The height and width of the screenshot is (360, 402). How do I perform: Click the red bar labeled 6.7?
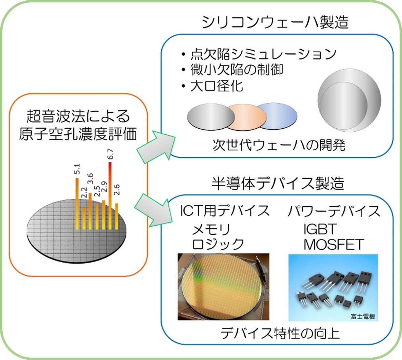pos(110,195)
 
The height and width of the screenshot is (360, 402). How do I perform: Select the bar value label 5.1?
pos(77,169)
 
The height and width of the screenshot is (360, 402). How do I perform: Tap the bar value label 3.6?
pos(90,179)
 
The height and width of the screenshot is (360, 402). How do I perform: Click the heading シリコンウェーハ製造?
pos(275,22)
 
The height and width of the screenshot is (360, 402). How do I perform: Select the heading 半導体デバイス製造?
pos(278,183)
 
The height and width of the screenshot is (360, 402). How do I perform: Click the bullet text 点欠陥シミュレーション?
pos(263,54)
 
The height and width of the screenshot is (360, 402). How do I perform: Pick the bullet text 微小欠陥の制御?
pos(237,70)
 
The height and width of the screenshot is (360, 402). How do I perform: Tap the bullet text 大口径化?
pos(217,86)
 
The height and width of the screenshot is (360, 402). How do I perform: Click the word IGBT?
pos(320,229)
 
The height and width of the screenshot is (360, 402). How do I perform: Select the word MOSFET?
pos(334,245)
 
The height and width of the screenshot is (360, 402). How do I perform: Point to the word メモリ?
pos(211,229)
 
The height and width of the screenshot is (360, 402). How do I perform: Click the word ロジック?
pos(218,244)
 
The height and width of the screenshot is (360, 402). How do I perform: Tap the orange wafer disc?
pos(247,117)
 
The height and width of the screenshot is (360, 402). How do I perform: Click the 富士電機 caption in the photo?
pos(363,317)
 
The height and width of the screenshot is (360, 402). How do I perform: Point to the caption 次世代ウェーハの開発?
pos(279,145)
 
